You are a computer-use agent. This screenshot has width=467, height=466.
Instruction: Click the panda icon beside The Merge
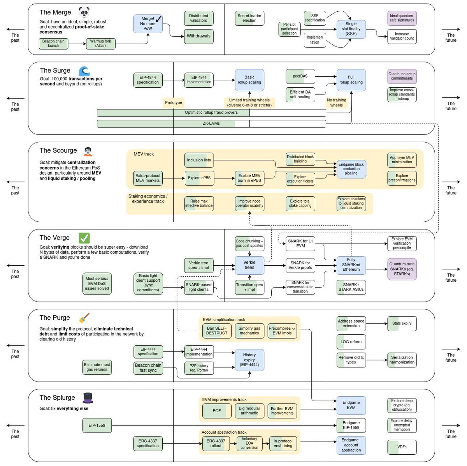(x=84, y=12)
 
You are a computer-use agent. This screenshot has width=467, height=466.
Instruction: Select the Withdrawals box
(x=198, y=36)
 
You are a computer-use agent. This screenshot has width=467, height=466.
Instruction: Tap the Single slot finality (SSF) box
(x=351, y=29)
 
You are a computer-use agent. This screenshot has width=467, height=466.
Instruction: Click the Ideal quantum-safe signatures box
(x=402, y=18)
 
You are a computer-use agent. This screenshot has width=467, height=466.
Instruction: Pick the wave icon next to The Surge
(x=84, y=71)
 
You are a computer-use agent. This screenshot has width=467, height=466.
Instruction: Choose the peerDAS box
(x=300, y=76)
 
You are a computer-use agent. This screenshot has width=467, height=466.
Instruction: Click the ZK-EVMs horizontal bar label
(x=211, y=124)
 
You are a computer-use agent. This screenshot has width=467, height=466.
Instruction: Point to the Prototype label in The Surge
(x=173, y=102)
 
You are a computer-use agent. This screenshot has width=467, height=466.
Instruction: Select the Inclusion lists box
(x=199, y=160)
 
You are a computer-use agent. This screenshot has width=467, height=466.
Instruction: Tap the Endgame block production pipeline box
(x=351, y=169)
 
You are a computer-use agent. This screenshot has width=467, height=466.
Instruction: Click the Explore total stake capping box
(x=300, y=203)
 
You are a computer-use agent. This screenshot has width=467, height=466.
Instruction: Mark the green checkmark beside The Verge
(x=84, y=238)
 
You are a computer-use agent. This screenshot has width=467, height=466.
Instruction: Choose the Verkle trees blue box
(x=249, y=265)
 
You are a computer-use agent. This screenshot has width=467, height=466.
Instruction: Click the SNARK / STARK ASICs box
(x=351, y=287)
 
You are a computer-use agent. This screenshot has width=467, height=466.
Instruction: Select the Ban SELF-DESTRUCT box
(x=216, y=331)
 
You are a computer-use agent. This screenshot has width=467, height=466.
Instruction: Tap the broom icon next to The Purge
(x=84, y=318)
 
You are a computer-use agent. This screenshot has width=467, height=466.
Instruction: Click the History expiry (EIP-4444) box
(x=249, y=360)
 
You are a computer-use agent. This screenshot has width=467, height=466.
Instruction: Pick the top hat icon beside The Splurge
(x=88, y=398)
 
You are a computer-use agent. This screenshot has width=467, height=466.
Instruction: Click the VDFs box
(x=402, y=447)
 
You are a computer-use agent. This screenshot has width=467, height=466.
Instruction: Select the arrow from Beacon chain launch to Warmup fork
(x=77, y=44)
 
